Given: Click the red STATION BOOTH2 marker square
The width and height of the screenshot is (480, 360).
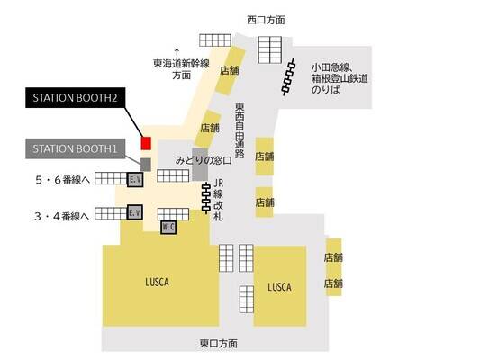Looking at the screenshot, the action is (146, 143).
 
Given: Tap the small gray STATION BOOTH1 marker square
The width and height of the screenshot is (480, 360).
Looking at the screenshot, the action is (146, 165).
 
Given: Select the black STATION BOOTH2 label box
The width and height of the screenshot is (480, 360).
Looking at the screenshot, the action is (76, 97).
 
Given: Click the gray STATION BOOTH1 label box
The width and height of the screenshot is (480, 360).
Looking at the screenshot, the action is (76, 149).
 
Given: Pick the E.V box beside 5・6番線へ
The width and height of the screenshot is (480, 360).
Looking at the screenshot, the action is (135, 179).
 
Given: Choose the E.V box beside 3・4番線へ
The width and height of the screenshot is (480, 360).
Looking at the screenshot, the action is (135, 212).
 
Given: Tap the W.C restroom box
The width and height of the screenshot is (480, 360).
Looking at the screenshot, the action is (168, 228).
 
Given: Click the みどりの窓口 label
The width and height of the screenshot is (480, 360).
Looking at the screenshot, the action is (204, 160).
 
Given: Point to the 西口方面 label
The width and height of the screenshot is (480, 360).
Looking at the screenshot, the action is (266, 20).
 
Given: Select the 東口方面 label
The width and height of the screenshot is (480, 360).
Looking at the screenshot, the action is (219, 344).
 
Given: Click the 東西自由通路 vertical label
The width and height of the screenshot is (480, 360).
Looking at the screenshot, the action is (240, 130).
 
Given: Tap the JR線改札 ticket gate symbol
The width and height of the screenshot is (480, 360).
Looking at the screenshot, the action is (206, 198).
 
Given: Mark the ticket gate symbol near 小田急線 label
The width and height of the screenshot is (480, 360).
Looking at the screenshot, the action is (289, 77).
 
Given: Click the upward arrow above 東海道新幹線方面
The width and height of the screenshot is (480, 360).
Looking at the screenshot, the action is (177, 51).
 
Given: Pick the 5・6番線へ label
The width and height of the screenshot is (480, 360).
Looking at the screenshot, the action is (63, 180).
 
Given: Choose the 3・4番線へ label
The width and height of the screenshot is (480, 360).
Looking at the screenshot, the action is (62, 217).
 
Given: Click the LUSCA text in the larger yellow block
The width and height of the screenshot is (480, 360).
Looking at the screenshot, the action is (157, 282).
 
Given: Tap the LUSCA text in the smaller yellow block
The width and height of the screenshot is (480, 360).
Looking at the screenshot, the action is (279, 287).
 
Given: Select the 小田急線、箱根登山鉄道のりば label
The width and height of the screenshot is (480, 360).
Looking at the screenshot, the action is (340, 78).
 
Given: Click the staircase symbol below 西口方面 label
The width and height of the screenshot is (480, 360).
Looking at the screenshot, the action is (269, 49).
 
